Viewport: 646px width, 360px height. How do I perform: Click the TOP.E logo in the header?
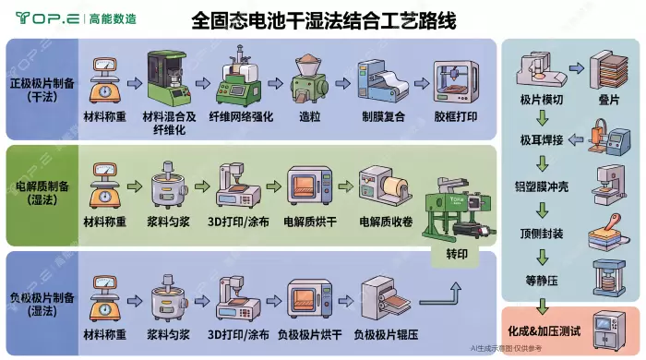click(47, 18)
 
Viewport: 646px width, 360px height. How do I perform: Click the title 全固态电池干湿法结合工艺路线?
click(323, 20)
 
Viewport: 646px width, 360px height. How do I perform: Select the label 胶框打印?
click(456, 116)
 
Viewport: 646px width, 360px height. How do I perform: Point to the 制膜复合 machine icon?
click(383, 81)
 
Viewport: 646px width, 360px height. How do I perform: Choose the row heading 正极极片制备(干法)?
click(42, 90)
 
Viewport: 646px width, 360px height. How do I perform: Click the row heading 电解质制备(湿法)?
click(42, 193)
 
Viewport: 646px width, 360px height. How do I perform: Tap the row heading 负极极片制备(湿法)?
click(42, 304)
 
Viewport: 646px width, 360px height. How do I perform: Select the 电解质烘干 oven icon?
click(310, 186)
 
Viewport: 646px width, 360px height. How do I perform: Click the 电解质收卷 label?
click(386, 222)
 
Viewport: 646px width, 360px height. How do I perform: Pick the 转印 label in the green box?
click(457, 254)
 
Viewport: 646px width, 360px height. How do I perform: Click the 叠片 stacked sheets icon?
click(608, 70)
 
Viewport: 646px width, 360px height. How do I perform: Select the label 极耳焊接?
click(542, 140)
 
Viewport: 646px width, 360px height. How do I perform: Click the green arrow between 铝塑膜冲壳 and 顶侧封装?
click(543, 210)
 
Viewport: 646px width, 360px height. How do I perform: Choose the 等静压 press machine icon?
click(609, 278)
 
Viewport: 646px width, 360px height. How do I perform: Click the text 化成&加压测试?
click(544, 330)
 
